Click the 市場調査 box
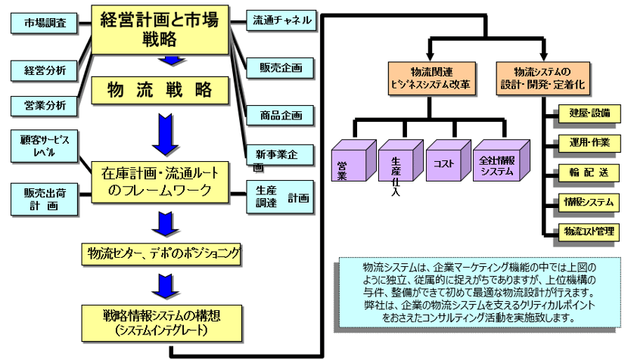click(45, 23)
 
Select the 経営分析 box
click(45, 70)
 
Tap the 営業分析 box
click(45, 104)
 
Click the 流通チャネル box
click(281, 20)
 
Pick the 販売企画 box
click(281, 68)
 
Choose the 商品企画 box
click(281, 115)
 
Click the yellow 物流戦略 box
click(160, 90)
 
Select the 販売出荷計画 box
click(45, 198)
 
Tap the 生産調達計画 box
click(281, 198)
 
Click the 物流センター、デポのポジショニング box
click(160, 253)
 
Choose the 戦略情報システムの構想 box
click(160, 320)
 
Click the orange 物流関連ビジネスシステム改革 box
click(432, 77)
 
